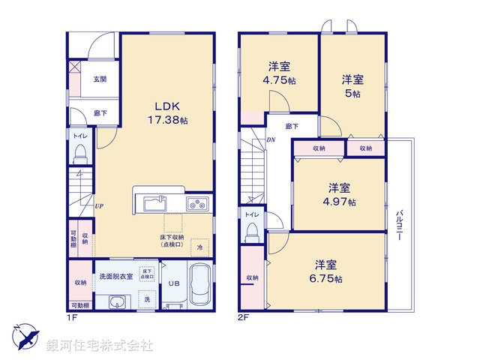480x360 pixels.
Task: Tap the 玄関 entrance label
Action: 99,79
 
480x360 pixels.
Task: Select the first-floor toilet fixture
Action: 80,154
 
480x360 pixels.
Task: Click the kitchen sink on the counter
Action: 153,202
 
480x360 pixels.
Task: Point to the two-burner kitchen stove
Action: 198,202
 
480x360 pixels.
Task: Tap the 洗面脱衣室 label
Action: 115,277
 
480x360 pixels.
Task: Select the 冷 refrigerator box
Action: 199,246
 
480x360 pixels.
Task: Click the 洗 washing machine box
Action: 147,299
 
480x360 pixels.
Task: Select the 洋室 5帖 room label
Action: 352,85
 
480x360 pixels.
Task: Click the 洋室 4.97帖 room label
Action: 340,194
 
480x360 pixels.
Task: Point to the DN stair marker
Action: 271,140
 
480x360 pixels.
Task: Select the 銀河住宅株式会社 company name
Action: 100,346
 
